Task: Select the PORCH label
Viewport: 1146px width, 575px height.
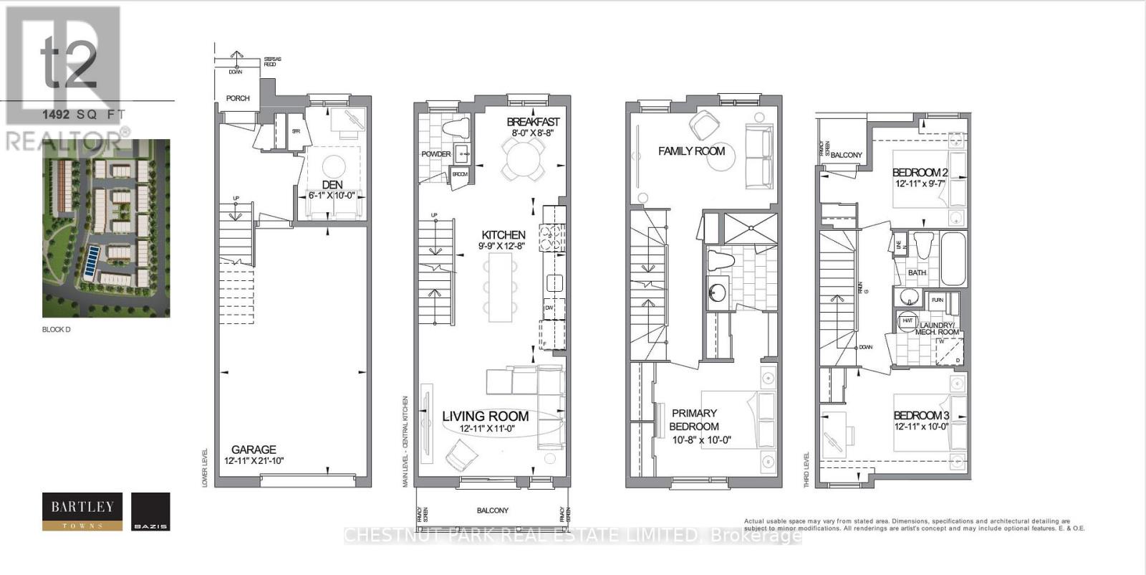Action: point(238,98)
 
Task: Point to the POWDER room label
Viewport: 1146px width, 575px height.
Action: point(436,154)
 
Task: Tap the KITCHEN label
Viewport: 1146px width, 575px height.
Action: point(504,234)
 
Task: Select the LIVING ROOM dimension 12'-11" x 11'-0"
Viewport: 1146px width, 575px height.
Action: point(487,429)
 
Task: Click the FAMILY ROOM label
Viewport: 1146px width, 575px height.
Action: point(691,151)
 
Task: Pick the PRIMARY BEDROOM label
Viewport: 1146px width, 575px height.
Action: point(694,419)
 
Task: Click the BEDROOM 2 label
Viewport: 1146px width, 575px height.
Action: point(920,172)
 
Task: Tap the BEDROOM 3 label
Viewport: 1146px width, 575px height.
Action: point(921,415)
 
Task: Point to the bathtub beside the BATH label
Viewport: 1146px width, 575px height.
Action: point(952,258)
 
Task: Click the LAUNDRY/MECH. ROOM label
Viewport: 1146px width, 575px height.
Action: point(933,328)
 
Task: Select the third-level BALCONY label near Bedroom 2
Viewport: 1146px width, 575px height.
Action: point(847,155)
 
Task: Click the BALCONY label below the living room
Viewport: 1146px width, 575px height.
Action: point(492,510)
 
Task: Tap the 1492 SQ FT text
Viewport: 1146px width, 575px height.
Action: point(84,114)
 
